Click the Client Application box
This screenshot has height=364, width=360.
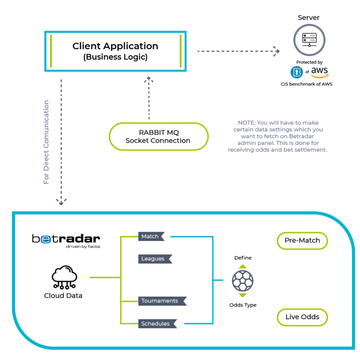click(115, 51)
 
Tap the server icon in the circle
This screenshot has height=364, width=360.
click(309, 40)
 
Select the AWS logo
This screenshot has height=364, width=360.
click(319, 72)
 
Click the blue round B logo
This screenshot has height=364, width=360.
click(296, 72)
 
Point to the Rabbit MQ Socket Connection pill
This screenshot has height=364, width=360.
click(158, 136)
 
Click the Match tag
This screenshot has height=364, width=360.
click(151, 236)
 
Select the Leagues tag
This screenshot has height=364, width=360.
click(155, 259)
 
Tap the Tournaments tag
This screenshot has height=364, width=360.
click(162, 301)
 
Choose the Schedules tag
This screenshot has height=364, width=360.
click(157, 324)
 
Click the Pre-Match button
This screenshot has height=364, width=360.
click(302, 241)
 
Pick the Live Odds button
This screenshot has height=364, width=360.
click(302, 317)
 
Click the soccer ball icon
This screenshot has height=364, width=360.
click(243, 281)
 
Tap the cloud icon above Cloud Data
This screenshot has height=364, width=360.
click(64, 277)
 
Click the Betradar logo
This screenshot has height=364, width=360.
click(66, 241)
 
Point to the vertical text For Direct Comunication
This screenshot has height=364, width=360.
click(46, 142)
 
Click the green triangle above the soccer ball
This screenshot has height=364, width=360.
click(243, 266)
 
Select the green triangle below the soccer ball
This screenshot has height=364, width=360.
click(243, 296)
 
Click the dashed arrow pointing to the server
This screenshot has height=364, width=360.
click(239, 51)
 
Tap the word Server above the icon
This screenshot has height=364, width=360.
click(308, 18)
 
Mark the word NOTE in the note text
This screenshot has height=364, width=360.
click(247, 123)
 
